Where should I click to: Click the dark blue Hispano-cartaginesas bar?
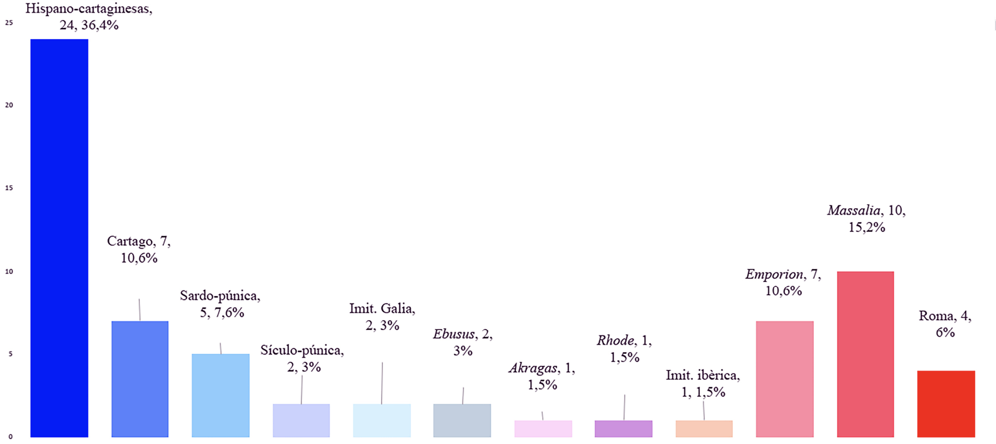(59, 238)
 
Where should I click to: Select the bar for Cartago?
(140, 379)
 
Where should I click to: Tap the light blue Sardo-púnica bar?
(221, 395)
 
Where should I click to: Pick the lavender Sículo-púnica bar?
(301, 420)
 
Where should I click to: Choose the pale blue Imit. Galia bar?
(382, 420)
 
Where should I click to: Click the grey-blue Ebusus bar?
(462, 420)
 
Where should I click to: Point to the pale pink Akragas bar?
(543, 429)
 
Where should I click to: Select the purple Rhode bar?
(623, 429)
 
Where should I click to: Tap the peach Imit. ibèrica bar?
(704, 429)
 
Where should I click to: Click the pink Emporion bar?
(785, 379)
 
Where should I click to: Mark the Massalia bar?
(866, 354)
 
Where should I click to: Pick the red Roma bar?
(946, 404)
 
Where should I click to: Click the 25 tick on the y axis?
(9, 23)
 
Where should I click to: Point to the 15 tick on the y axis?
(9, 188)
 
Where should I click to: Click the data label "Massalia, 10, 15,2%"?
(866, 219)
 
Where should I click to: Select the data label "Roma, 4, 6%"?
(945, 324)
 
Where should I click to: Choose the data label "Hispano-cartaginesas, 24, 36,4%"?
(89, 17)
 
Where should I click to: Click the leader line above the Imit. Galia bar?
(382, 383)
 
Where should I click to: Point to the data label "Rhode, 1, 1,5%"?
(624, 349)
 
